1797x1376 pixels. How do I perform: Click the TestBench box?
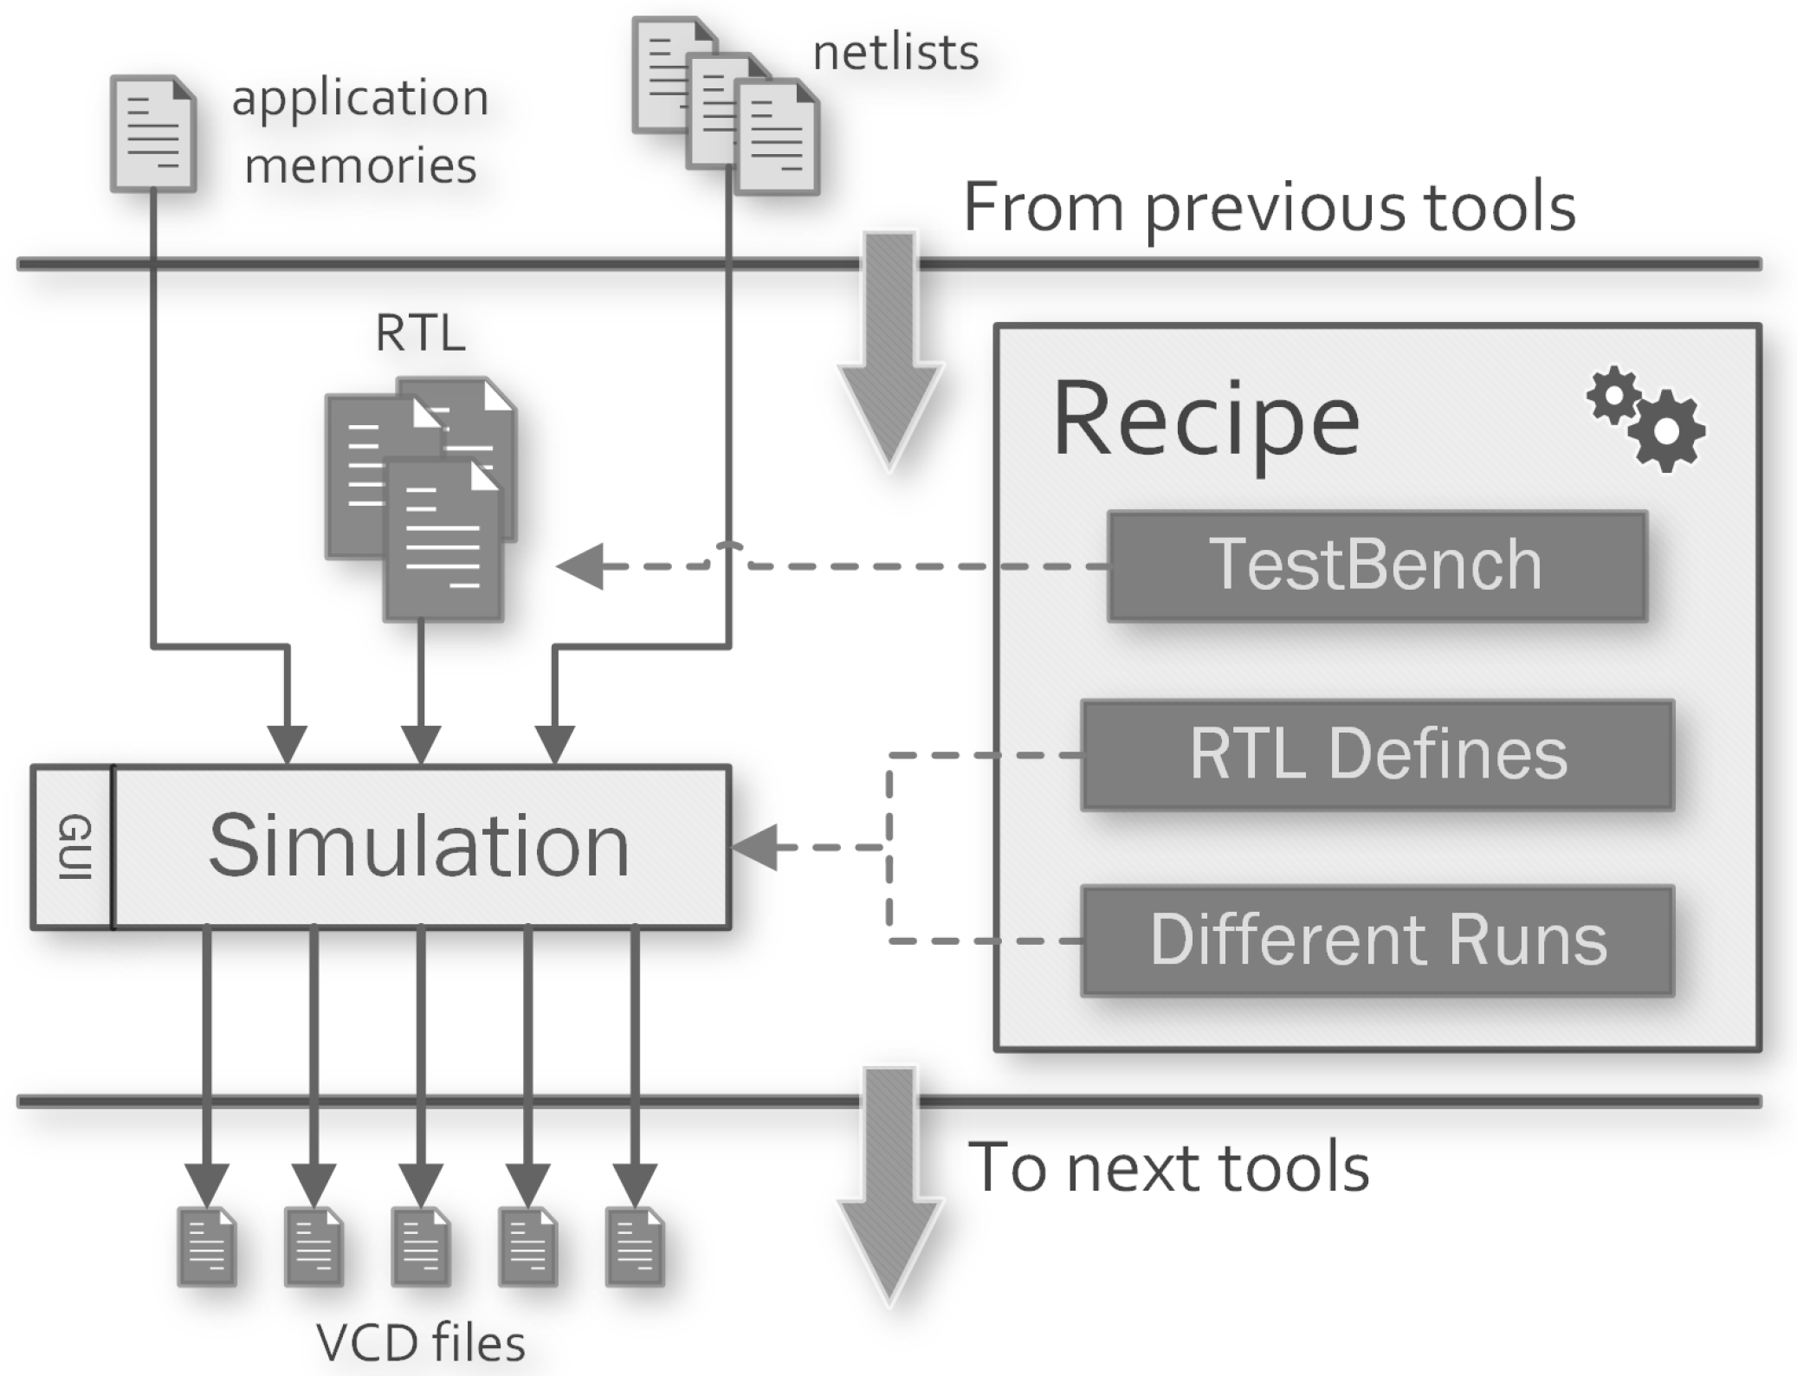pos(1377,565)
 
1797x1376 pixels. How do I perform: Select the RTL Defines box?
pos(1377,754)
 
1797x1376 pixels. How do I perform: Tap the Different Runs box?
pos(1377,940)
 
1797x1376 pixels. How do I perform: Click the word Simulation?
pos(419,846)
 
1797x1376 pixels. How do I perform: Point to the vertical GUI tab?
pos(73,847)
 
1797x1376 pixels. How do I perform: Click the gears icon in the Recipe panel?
pos(1646,419)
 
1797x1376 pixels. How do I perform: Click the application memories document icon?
pos(152,133)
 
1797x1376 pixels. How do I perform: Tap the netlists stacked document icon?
pos(726,105)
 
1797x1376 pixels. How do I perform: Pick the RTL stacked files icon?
pos(422,498)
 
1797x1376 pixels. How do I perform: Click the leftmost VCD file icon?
pos(206,1246)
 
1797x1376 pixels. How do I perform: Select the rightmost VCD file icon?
pos(635,1246)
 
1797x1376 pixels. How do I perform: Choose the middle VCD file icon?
pos(421,1246)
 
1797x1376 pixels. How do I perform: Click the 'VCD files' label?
pos(421,1342)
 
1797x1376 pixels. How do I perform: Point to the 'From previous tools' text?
pos(1269,208)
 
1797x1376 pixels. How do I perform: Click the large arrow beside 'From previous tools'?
pos(889,351)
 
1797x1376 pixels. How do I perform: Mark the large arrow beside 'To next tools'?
pos(889,1186)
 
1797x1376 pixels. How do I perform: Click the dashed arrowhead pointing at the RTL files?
pos(580,566)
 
